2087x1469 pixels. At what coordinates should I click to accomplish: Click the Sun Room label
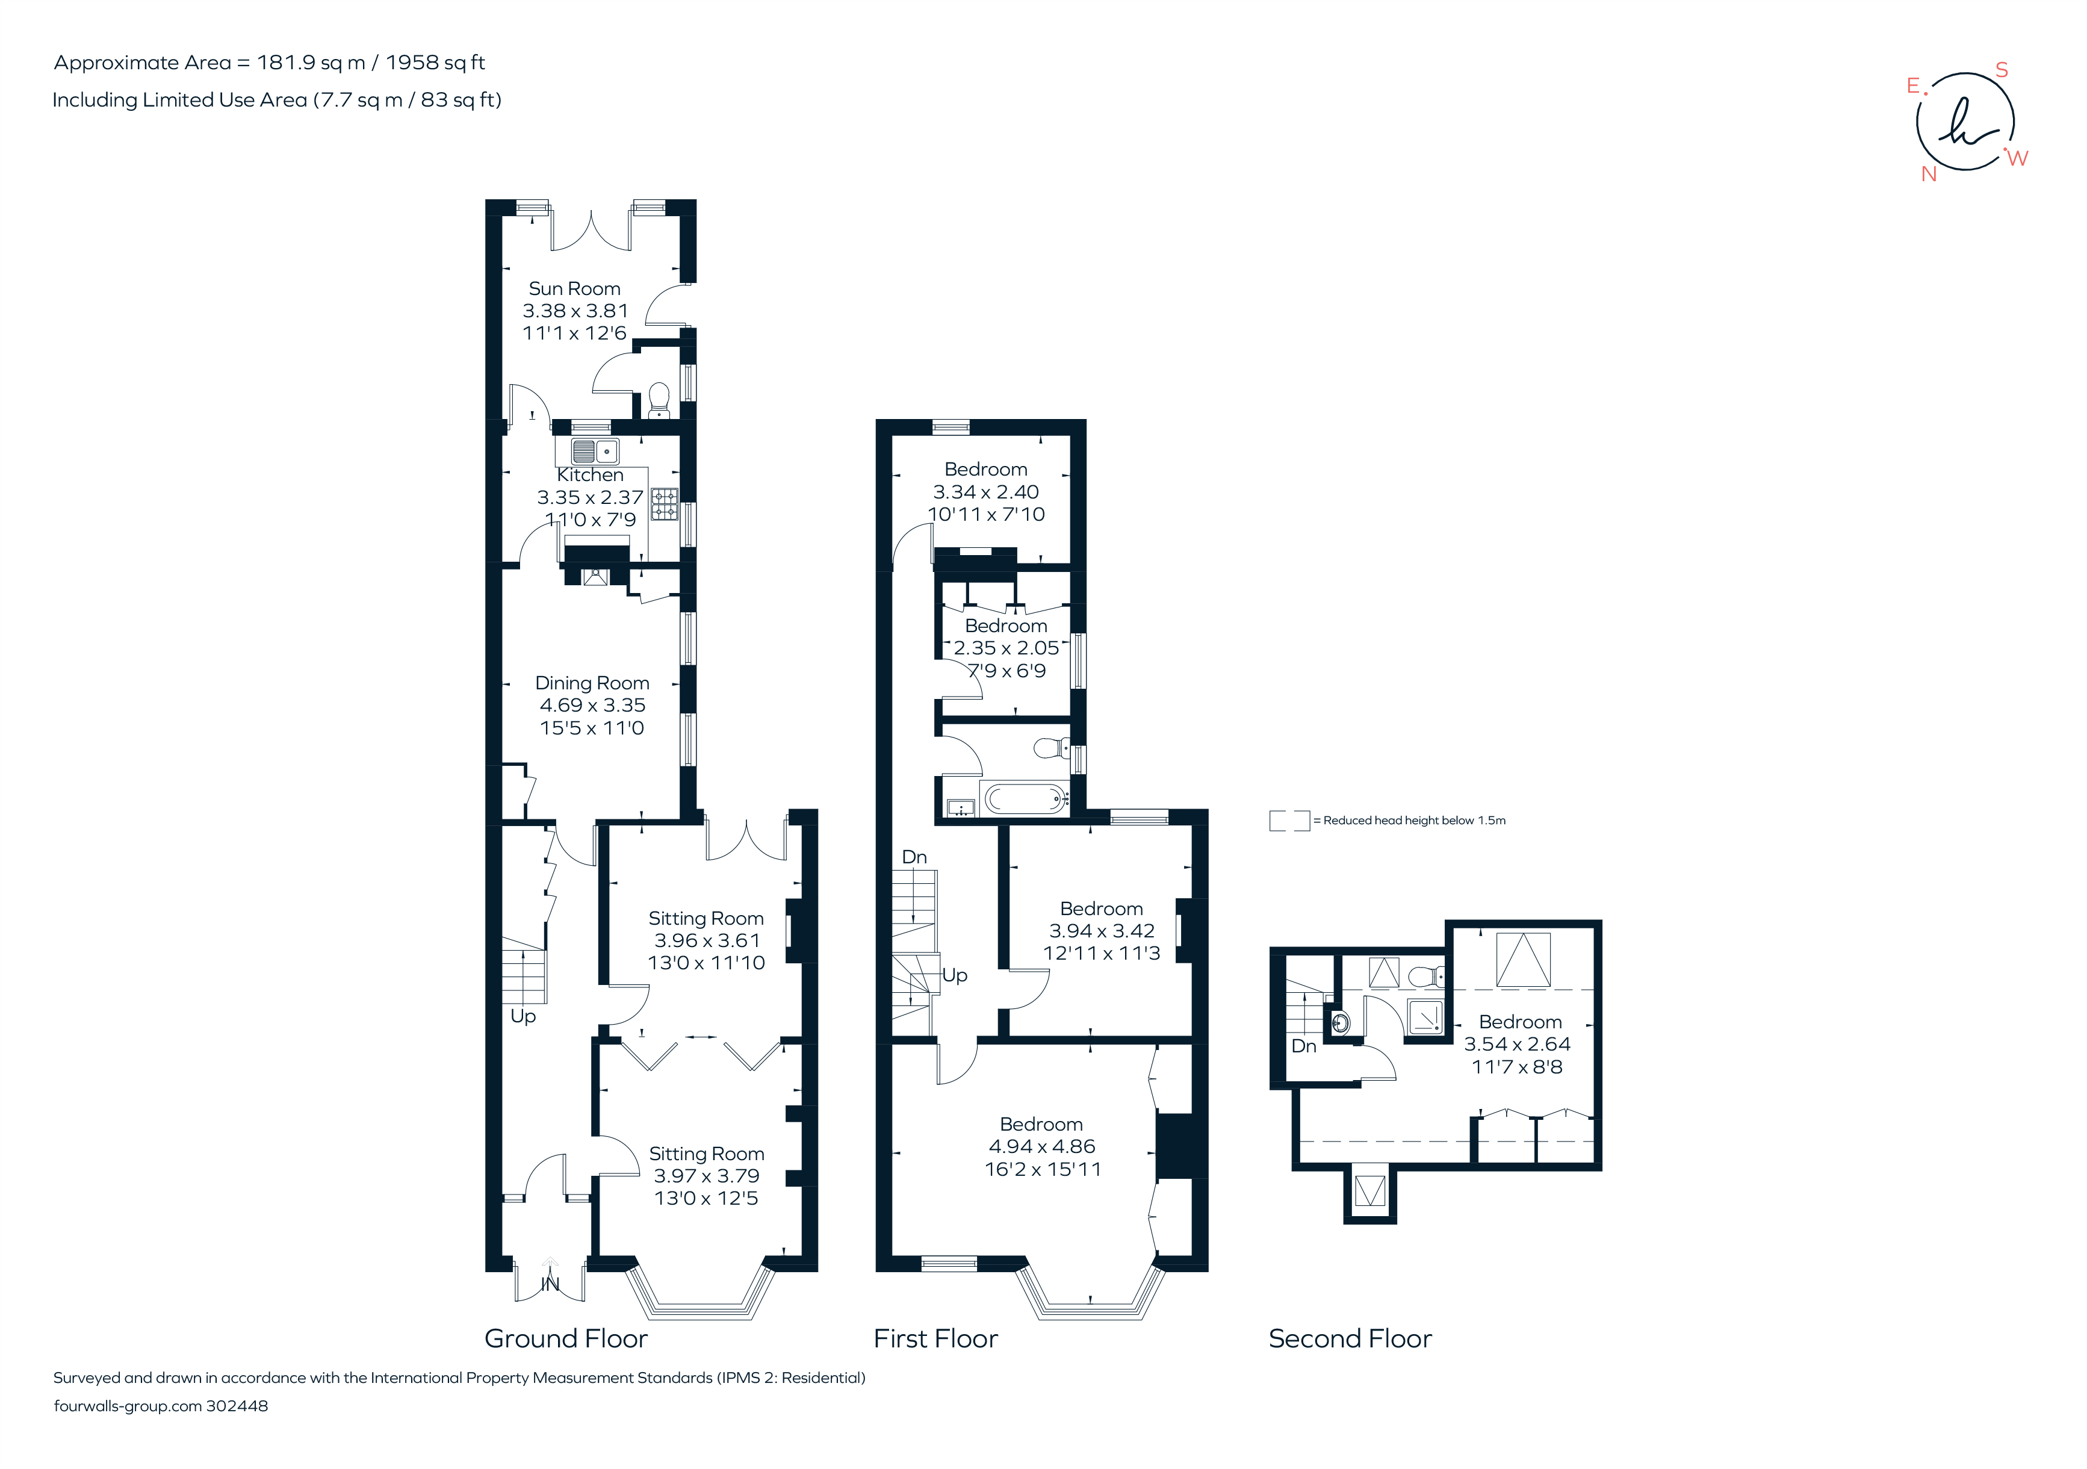(x=574, y=289)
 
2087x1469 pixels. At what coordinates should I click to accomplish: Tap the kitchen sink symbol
(x=595, y=451)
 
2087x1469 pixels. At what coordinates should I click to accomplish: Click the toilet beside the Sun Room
(x=659, y=398)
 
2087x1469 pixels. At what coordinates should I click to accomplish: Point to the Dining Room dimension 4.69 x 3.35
(x=592, y=706)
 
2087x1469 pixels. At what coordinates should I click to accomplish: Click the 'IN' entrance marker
(x=550, y=1284)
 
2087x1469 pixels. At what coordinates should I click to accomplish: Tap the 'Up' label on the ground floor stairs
(x=523, y=1016)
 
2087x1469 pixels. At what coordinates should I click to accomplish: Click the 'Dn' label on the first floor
(x=914, y=857)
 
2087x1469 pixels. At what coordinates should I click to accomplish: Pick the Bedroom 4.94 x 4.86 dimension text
(x=1041, y=1147)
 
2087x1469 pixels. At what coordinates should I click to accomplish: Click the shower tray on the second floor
(x=1424, y=1016)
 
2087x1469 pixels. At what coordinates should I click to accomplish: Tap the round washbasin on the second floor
(x=1340, y=1023)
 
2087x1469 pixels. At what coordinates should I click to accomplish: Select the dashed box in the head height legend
(x=1289, y=821)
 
